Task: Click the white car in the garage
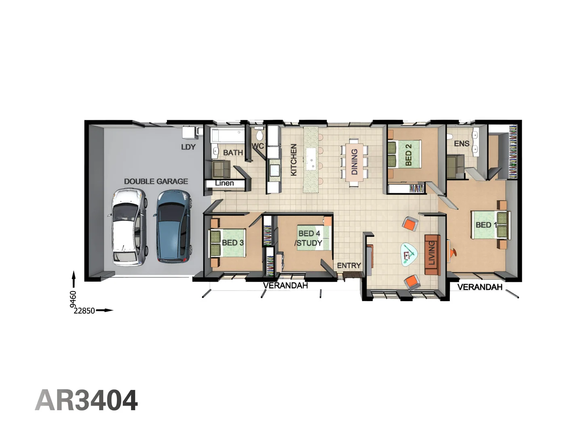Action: tap(128, 227)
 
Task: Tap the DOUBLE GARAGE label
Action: tap(156, 181)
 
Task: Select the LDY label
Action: tap(188, 147)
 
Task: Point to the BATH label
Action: tap(233, 153)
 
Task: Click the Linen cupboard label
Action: tap(224, 183)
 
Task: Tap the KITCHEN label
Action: tap(293, 159)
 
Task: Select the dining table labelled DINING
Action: tap(354, 162)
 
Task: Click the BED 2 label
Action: tap(409, 155)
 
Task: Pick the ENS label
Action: tap(462, 143)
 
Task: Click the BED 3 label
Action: tap(232, 243)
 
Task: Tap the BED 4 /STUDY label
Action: tap(309, 238)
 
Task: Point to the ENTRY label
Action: tap(349, 265)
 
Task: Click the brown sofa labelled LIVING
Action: tap(432, 255)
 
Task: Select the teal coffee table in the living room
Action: tap(409, 254)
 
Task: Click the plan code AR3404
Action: tap(86, 400)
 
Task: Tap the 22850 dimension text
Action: tap(84, 310)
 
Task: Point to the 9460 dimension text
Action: tap(73, 300)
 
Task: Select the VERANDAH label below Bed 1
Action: tap(480, 287)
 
